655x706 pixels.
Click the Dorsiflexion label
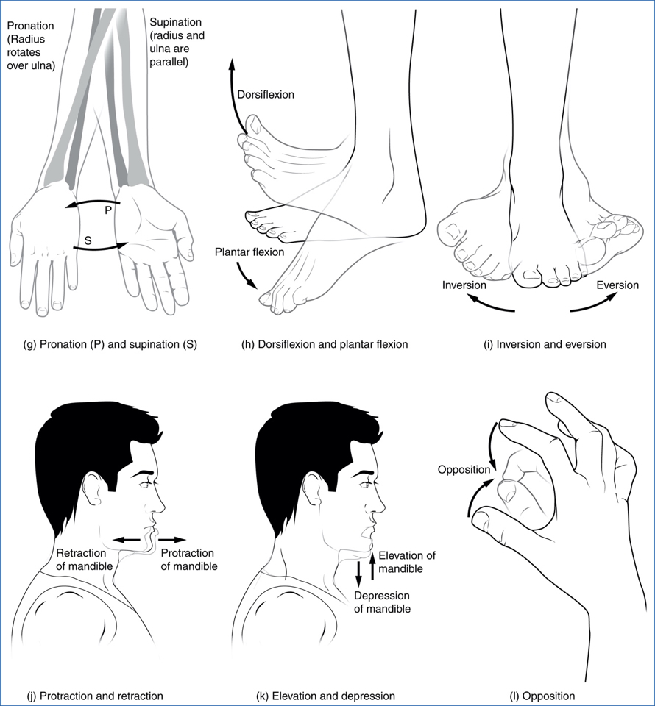(x=266, y=95)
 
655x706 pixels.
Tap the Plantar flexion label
(x=249, y=252)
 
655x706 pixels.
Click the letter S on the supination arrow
(x=88, y=240)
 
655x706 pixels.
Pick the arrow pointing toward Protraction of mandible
(x=174, y=539)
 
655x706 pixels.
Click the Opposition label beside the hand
(x=463, y=469)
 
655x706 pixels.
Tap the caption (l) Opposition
(x=542, y=695)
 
